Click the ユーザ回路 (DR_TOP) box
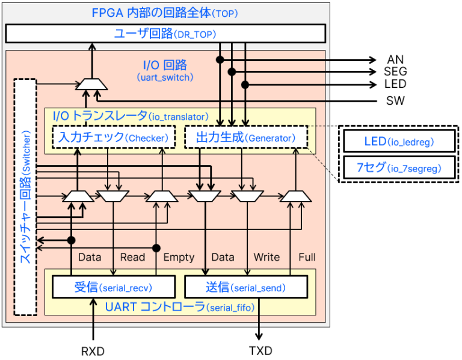click(165, 34)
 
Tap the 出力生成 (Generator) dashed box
click(245, 138)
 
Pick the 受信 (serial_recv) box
click(114, 287)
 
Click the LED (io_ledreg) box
click(399, 143)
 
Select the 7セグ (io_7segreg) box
click(399, 169)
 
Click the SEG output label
click(395, 72)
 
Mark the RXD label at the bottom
click(93, 351)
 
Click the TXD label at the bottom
click(260, 351)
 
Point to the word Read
click(132, 257)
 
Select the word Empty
click(179, 257)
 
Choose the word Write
click(266, 257)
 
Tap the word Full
click(307, 257)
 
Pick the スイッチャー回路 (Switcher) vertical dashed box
click(25, 197)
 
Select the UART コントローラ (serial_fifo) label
click(179, 308)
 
